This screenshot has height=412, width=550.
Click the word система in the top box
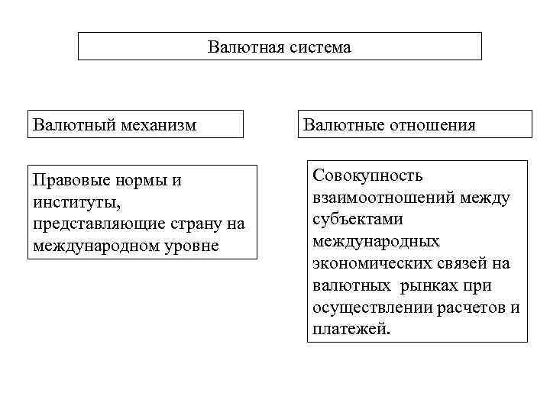coord(319,47)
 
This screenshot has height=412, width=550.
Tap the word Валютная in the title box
coord(246,47)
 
